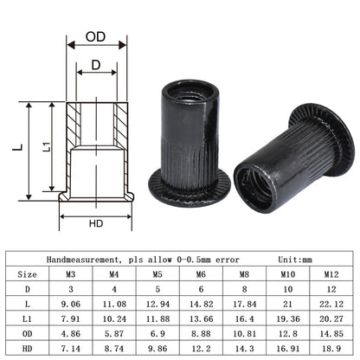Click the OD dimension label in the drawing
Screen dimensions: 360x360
coord(96,38)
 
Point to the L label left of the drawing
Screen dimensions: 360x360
coord(17,148)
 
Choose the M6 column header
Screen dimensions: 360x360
coord(200,275)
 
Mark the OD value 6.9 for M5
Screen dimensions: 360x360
coord(159,332)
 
